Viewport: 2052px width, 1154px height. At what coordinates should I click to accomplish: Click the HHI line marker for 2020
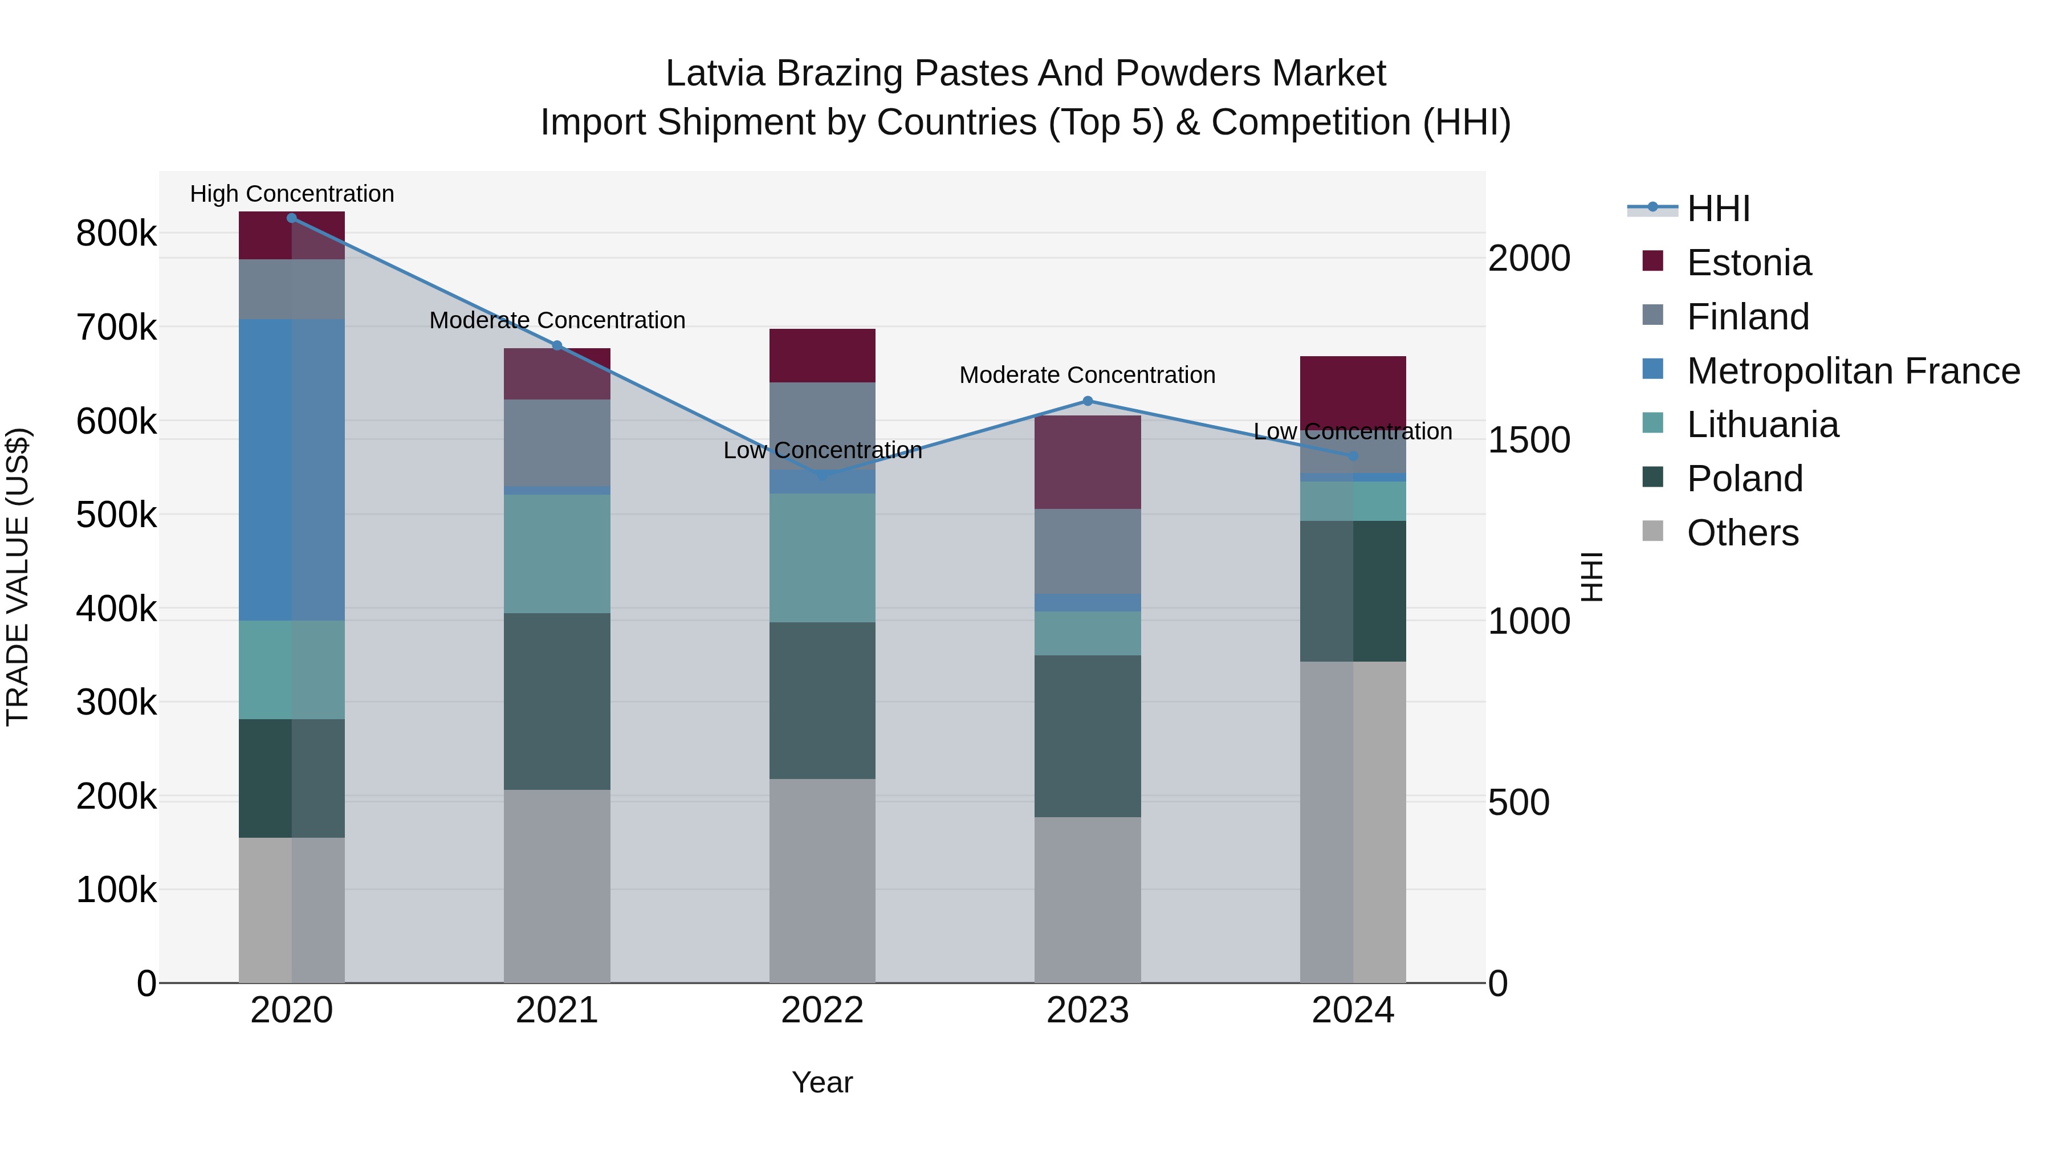click(x=291, y=218)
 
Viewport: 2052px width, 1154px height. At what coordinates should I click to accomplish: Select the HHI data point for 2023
click(x=1088, y=401)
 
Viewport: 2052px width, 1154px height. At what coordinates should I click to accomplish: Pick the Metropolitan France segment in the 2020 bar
click(x=291, y=470)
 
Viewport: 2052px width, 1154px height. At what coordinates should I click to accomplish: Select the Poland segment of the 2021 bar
click(x=557, y=701)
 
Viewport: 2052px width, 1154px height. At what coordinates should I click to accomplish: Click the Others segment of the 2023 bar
click(x=1088, y=900)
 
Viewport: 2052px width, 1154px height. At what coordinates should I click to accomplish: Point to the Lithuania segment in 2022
click(x=822, y=557)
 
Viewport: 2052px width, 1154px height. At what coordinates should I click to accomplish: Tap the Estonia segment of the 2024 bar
click(x=1353, y=390)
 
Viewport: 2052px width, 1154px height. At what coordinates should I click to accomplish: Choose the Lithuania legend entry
click(x=1762, y=425)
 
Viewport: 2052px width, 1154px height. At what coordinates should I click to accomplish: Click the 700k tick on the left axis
click(x=116, y=327)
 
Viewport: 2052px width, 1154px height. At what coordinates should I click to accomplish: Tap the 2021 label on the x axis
click(x=557, y=1010)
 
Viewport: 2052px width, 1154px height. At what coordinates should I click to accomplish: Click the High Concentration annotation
click(x=291, y=194)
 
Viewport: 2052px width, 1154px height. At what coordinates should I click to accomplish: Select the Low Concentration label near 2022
click(x=822, y=450)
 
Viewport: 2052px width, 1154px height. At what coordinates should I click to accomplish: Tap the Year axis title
click(x=822, y=1082)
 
